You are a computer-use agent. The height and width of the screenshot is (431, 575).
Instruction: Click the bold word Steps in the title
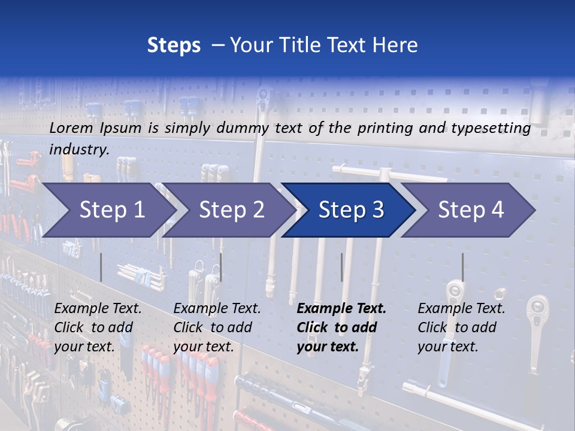(174, 45)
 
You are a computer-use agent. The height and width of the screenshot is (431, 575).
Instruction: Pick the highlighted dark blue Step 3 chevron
(351, 210)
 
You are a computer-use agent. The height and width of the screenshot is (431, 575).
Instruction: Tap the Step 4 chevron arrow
(471, 210)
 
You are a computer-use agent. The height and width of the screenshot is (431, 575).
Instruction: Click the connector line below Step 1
(101, 267)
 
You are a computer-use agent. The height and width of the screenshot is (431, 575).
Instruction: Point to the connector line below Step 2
(221, 267)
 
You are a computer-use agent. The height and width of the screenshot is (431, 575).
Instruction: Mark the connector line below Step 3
(341, 267)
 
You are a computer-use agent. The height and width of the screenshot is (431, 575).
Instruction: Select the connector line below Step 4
(462, 267)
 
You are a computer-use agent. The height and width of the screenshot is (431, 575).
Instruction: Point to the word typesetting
(489, 128)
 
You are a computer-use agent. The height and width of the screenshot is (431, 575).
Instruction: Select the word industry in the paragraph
(79, 150)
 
